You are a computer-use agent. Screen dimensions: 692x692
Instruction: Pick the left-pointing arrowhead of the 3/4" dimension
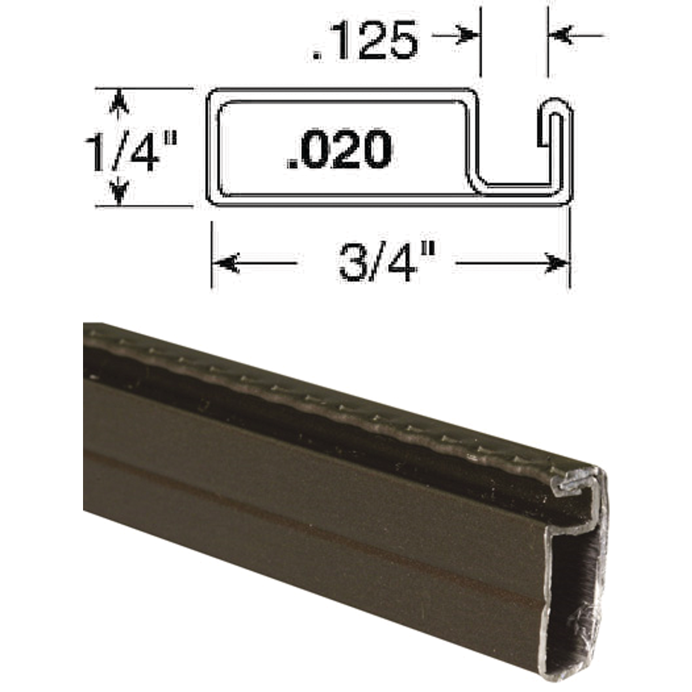pyautogui.click(x=226, y=264)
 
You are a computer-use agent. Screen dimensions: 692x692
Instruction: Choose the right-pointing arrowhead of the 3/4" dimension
pyautogui.click(x=556, y=264)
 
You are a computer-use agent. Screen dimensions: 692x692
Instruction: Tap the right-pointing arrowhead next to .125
pyautogui.click(x=467, y=36)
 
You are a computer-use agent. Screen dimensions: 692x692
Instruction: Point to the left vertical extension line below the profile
pyautogui.click(x=212, y=254)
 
